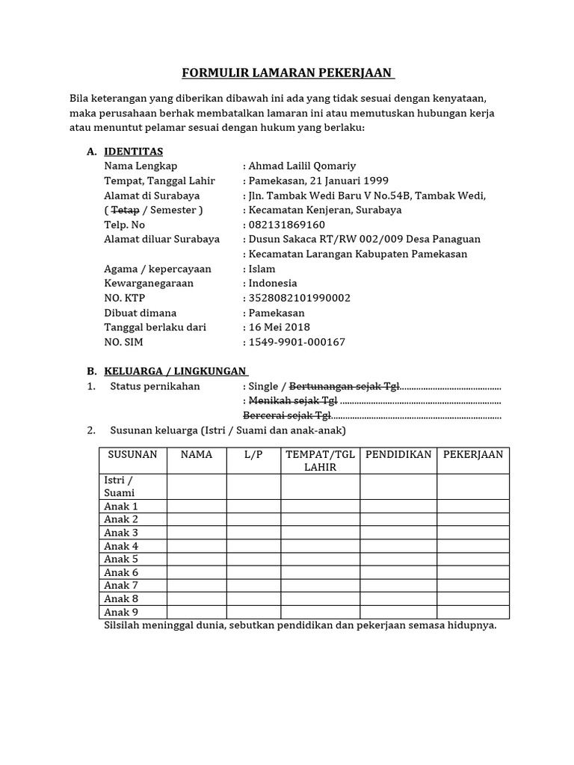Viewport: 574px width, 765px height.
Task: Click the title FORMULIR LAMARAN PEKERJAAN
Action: click(x=288, y=73)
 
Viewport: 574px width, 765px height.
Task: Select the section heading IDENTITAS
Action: click(x=134, y=151)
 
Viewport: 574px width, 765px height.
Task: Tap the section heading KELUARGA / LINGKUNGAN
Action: click(x=176, y=371)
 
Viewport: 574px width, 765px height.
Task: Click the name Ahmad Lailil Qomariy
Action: click(x=306, y=166)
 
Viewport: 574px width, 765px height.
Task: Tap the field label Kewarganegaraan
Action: click(x=149, y=283)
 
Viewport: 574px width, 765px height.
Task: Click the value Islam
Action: click(x=262, y=269)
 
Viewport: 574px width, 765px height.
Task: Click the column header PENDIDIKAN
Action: click(x=398, y=454)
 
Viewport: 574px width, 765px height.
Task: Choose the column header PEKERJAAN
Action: click(x=473, y=454)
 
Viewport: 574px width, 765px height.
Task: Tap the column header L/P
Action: click(x=253, y=454)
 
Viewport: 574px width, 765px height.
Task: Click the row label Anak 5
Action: click(x=121, y=559)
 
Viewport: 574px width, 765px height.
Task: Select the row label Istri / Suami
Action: click(x=120, y=486)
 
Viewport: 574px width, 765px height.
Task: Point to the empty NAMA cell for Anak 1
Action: click(x=197, y=506)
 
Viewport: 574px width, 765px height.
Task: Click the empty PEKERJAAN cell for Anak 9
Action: click(x=473, y=612)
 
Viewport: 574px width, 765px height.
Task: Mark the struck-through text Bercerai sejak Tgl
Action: click(x=287, y=415)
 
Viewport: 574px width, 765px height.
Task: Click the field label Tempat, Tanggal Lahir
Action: click(x=160, y=181)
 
